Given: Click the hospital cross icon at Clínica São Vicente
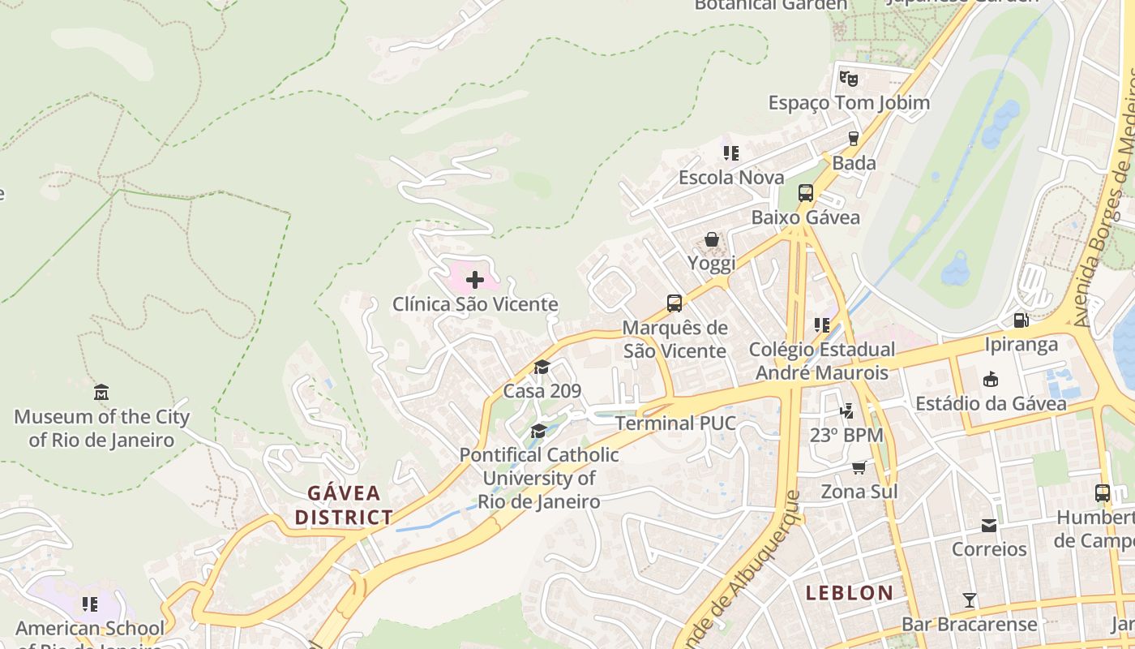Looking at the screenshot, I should [475, 280].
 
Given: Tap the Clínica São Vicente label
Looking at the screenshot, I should [475, 304].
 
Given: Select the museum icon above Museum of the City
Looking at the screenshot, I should [101, 393].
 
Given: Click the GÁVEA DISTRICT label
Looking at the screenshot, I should [344, 505].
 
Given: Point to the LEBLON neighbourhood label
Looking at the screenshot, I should [849, 593].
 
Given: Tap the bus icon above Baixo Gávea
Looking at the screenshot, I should [805, 193].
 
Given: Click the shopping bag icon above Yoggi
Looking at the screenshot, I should [711, 239].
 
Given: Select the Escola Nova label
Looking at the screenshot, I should [731, 177].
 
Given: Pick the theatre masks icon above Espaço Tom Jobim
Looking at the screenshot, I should [848, 79].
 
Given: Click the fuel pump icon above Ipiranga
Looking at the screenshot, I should [1021, 320].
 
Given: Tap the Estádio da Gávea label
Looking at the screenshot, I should [991, 403].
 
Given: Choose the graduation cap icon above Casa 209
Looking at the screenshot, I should [542, 367].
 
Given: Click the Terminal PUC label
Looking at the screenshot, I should [675, 423].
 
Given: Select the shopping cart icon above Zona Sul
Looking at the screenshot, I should [859, 467].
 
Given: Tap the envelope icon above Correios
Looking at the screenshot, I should [988, 526].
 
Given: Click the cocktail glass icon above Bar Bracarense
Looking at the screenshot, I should [969, 600].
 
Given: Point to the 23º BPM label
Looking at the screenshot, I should [846, 435].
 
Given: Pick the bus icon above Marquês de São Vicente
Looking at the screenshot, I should [674, 303].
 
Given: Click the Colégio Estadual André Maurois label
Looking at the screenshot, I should [822, 361].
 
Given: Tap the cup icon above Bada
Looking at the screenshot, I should [853, 139].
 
